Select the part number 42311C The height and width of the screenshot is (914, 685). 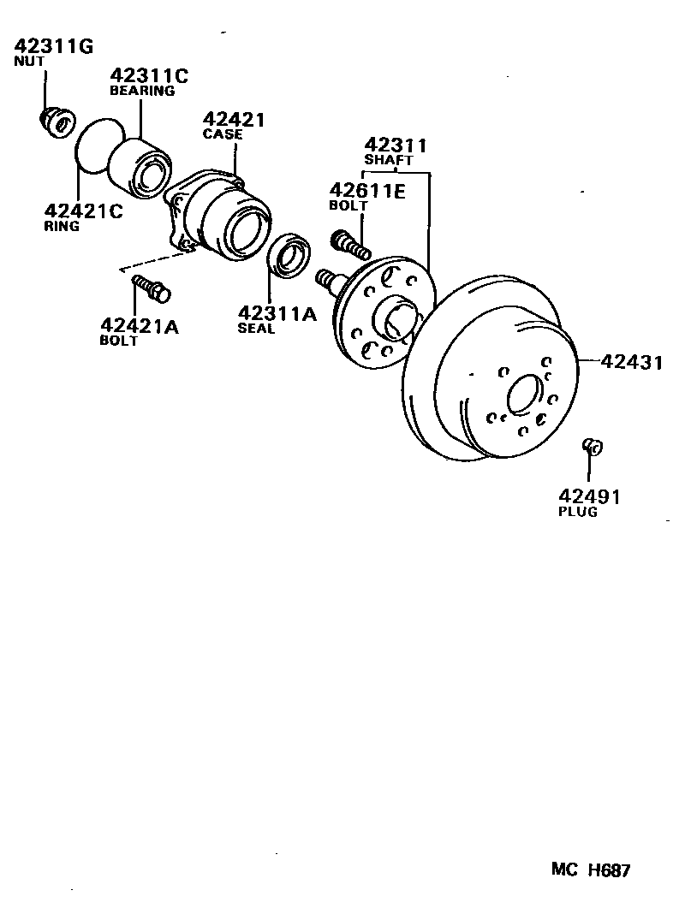coord(147,75)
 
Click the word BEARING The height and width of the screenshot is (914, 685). coord(142,90)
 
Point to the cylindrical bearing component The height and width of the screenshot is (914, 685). coord(142,167)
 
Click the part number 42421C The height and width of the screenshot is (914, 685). coord(83,211)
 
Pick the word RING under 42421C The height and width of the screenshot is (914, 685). coord(62,227)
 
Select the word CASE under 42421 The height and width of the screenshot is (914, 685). coord(223,134)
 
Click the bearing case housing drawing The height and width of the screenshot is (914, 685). coord(223,218)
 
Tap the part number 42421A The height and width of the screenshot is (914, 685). coord(140,325)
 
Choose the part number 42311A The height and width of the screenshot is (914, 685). coord(277,313)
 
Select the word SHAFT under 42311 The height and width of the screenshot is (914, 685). coord(389,160)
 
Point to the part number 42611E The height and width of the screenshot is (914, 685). coord(366,191)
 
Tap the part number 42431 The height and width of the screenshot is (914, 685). coord(631,362)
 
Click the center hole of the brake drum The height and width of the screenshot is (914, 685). coord(523,395)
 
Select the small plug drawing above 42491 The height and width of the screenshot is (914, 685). coord(592,445)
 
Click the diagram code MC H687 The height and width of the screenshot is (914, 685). coord(590,870)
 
